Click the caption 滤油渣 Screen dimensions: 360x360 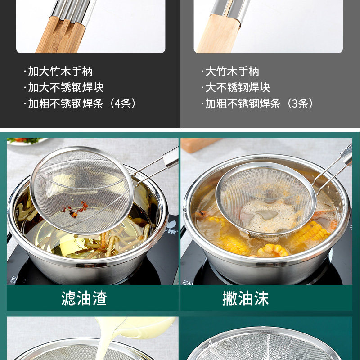(x=84, y=298)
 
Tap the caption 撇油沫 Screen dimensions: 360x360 (x=245, y=298)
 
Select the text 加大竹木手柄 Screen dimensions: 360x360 (x=60, y=71)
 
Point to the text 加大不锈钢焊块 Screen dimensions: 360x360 (x=66, y=87)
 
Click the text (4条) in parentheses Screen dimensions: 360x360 (x=123, y=103)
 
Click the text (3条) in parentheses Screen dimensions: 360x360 (x=301, y=103)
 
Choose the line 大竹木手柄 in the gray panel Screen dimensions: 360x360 (x=232, y=71)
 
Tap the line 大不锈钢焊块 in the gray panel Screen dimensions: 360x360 (x=238, y=87)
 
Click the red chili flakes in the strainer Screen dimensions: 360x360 (x=75, y=209)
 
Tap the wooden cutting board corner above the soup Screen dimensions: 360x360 (x=200, y=144)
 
